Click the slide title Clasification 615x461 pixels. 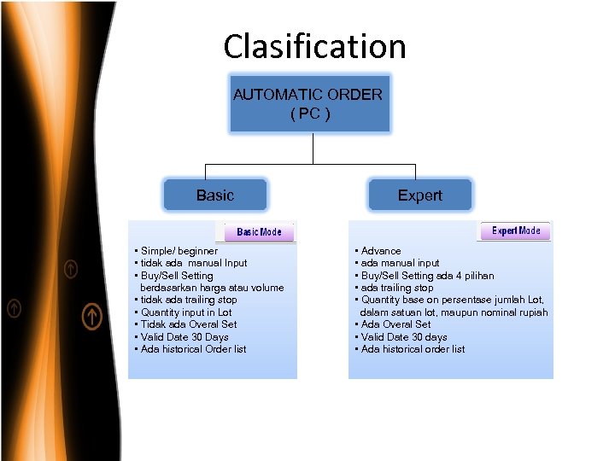314,46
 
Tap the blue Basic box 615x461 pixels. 215,195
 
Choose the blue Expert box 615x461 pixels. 419,195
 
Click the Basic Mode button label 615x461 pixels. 259,232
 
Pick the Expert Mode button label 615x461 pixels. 516,231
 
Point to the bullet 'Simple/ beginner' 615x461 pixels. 179,251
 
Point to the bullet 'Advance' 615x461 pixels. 380,251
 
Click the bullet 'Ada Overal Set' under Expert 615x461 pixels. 395,324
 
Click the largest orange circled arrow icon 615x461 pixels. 92,317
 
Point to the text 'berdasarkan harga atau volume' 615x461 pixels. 212,288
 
